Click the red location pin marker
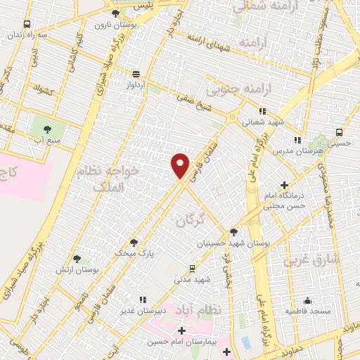(181, 165)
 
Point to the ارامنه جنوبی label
(233, 89)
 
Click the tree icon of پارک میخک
(134, 242)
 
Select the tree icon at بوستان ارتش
(77, 259)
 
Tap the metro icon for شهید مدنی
(193, 268)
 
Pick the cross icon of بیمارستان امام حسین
(181, 330)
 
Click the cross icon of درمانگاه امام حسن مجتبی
(283, 185)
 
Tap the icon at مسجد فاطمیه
(307, 298)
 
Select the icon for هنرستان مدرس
(297, 140)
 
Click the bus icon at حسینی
(340, 131)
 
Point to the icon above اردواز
(136, 73)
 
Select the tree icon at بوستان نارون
(116, 13)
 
